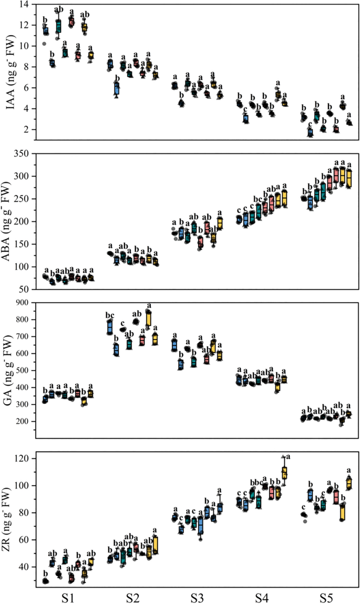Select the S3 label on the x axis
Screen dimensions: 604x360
coord(198,598)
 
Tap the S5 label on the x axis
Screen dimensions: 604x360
coord(329,598)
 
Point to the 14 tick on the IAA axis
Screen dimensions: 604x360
coord(25,4)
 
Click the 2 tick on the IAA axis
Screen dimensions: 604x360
coord(27,129)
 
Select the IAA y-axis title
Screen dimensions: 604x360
coord(9,71)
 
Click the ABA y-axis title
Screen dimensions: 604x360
coord(9,221)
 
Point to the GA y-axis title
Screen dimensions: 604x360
coord(9,370)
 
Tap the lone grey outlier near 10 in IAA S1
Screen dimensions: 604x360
coord(44,44)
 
